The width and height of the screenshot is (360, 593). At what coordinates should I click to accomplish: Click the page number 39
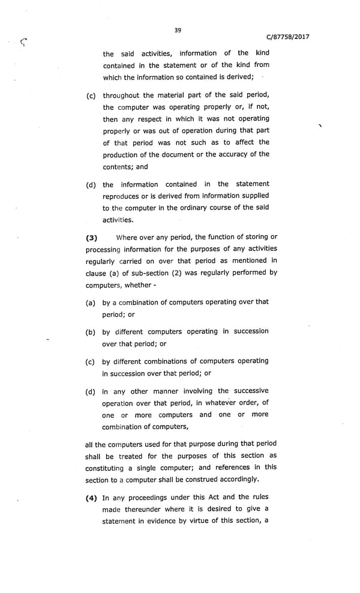click(178, 30)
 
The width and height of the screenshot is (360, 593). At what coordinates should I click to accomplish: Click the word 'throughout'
click(122, 95)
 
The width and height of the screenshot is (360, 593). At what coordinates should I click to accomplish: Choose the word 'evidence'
click(170, 520)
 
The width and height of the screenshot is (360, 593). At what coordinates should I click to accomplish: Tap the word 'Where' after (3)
click(127, 237)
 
